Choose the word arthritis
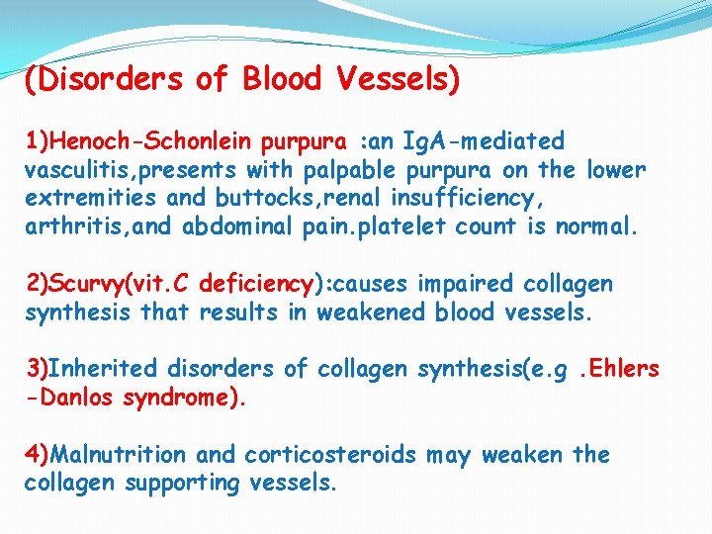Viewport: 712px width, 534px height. pos(69,226)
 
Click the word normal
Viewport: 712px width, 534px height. pos(596,226)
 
